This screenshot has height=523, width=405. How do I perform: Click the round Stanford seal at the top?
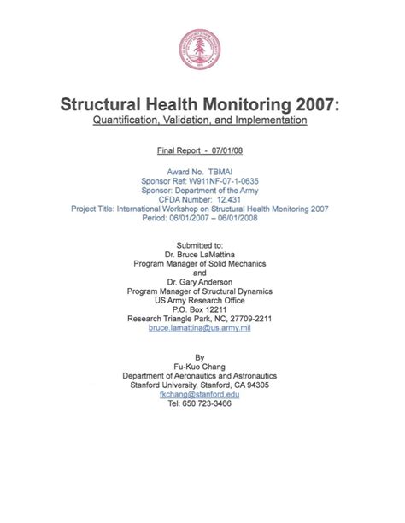tap(202, 50)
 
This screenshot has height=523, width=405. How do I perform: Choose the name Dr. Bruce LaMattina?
tap(201, 255)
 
